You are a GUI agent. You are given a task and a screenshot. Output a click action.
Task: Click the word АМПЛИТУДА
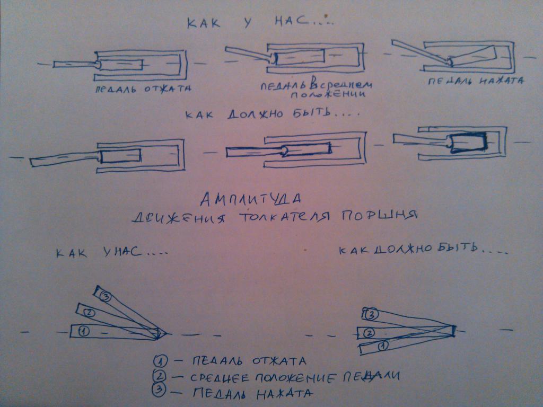(250, 199)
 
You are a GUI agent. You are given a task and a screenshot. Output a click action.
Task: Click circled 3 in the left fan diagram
(106, 297)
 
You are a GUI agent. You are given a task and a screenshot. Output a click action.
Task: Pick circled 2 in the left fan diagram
(89, 313)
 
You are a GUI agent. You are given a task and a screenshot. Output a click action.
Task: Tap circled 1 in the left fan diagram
(83, 332)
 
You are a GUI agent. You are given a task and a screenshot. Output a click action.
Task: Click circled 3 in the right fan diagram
(371, 315)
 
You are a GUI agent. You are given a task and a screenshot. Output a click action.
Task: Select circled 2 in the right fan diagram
(369, 333)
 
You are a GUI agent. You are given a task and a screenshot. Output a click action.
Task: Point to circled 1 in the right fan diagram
(383, 346)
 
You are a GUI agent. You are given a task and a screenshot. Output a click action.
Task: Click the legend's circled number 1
(160, 361)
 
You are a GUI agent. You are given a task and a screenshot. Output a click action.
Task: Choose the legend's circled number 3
(159, 390)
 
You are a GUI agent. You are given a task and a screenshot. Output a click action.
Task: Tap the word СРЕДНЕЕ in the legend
(220, 377)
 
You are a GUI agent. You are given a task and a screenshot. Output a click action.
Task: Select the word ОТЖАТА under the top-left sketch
(168, 89)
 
